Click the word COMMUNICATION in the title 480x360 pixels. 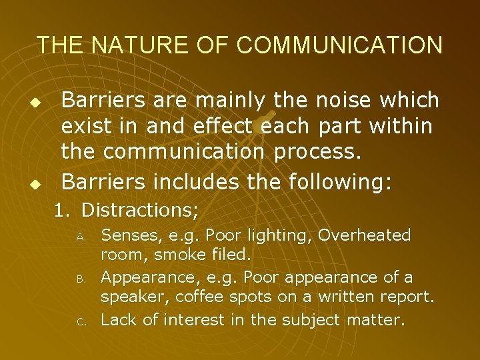tap(339, 45)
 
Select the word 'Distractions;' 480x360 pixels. tap(140, 211)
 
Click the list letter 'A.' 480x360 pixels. tap(79, 237)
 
